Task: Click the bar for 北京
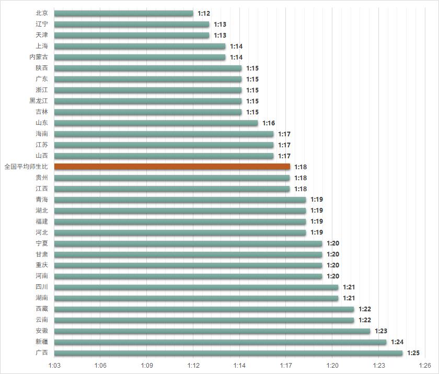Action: (x=123, y=13)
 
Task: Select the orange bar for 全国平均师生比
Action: (x=172, y=167)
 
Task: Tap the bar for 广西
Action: (x=228, y=353)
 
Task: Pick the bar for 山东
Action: (x=156, y=123)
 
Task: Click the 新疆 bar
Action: (x=220, y=342)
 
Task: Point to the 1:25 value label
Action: (x=413, y=353)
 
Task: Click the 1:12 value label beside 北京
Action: (x=204, y=13)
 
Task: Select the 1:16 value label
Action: (x=269, y=123)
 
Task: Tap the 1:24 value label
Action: (x=397, y=342)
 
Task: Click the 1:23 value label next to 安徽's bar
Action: (x=381, y=331)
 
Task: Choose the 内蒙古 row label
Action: (x=39, y=57)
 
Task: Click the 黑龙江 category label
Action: (x=39, y=101)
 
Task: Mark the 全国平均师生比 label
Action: (x=26, y=167)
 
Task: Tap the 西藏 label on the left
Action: (x=42, y=309)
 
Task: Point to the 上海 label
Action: (x=42, y=46)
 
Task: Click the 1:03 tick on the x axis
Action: (x=54, y=366)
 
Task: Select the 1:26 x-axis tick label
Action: (x=425, y=366)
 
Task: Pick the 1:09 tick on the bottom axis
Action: (x=147, y=366)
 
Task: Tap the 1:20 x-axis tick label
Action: (x=332, y=366)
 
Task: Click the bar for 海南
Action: (x=164, y=134)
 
